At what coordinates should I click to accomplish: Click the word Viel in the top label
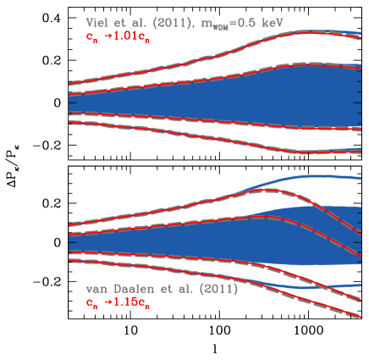pyautogui.click(x=98, y=24)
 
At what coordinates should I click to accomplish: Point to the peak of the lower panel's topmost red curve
pyautogui.click(x=264, y=191)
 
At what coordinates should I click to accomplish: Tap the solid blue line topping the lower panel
pyautogui.click(x=313, y=176)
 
